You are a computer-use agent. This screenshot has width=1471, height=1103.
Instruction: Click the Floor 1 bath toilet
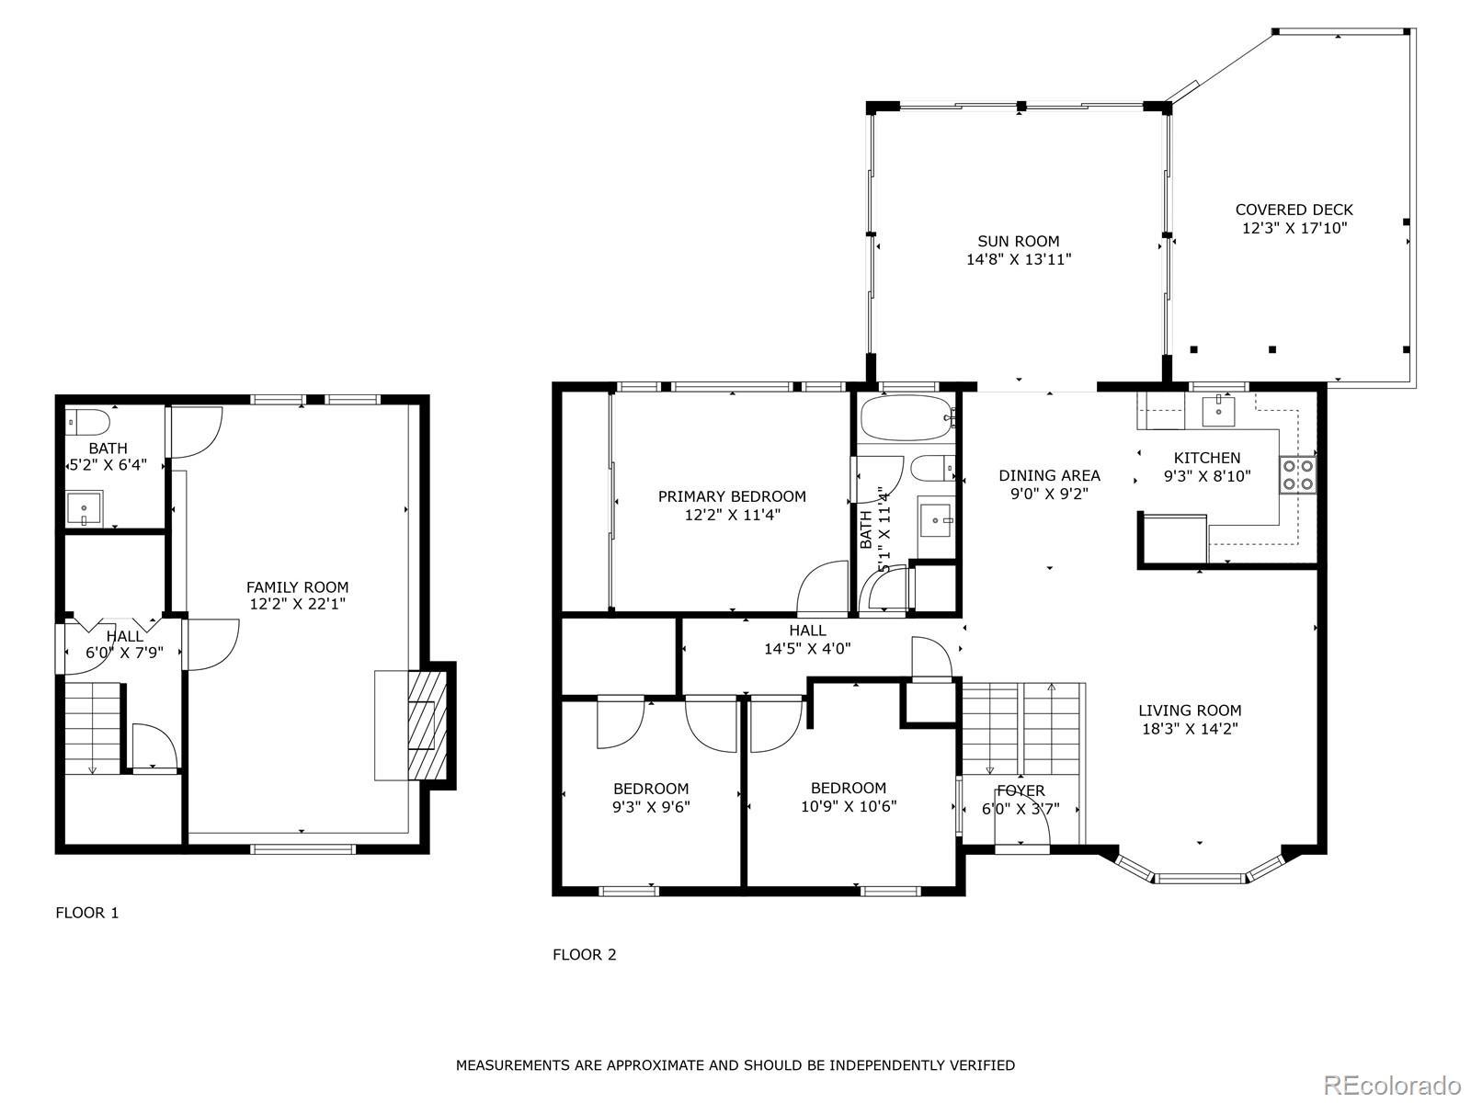(87, 422)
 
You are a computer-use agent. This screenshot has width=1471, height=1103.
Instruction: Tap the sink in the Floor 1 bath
(84, 508)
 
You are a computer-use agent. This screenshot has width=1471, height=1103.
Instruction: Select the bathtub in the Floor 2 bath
(907, 418)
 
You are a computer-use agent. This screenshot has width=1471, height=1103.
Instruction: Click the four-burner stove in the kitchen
(1297, 475)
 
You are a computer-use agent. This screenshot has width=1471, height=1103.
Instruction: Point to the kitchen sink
(1218, 411)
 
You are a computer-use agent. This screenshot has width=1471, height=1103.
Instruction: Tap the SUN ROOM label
(1018, 241)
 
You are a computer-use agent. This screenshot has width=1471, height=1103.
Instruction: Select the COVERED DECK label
(1294, 210)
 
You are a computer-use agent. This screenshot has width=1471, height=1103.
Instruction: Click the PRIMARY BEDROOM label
(732, 496)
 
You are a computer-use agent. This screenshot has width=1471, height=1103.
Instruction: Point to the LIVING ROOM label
(1190, 710)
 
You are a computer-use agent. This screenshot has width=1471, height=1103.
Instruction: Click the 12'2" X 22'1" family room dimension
(297, 604)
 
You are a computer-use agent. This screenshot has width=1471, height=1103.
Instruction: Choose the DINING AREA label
(1050, 475)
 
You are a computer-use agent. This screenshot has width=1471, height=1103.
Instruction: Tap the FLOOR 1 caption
(87, 913)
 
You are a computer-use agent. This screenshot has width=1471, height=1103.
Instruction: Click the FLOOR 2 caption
(585, 955)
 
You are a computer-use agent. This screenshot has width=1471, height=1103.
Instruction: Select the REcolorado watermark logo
(1392, 1084)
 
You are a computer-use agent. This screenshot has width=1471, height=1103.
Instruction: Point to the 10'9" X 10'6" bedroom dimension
(849, 806)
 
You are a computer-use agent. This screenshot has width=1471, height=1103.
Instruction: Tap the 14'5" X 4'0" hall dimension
(807, 648)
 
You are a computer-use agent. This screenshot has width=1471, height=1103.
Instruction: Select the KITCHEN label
(1207, 458)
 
